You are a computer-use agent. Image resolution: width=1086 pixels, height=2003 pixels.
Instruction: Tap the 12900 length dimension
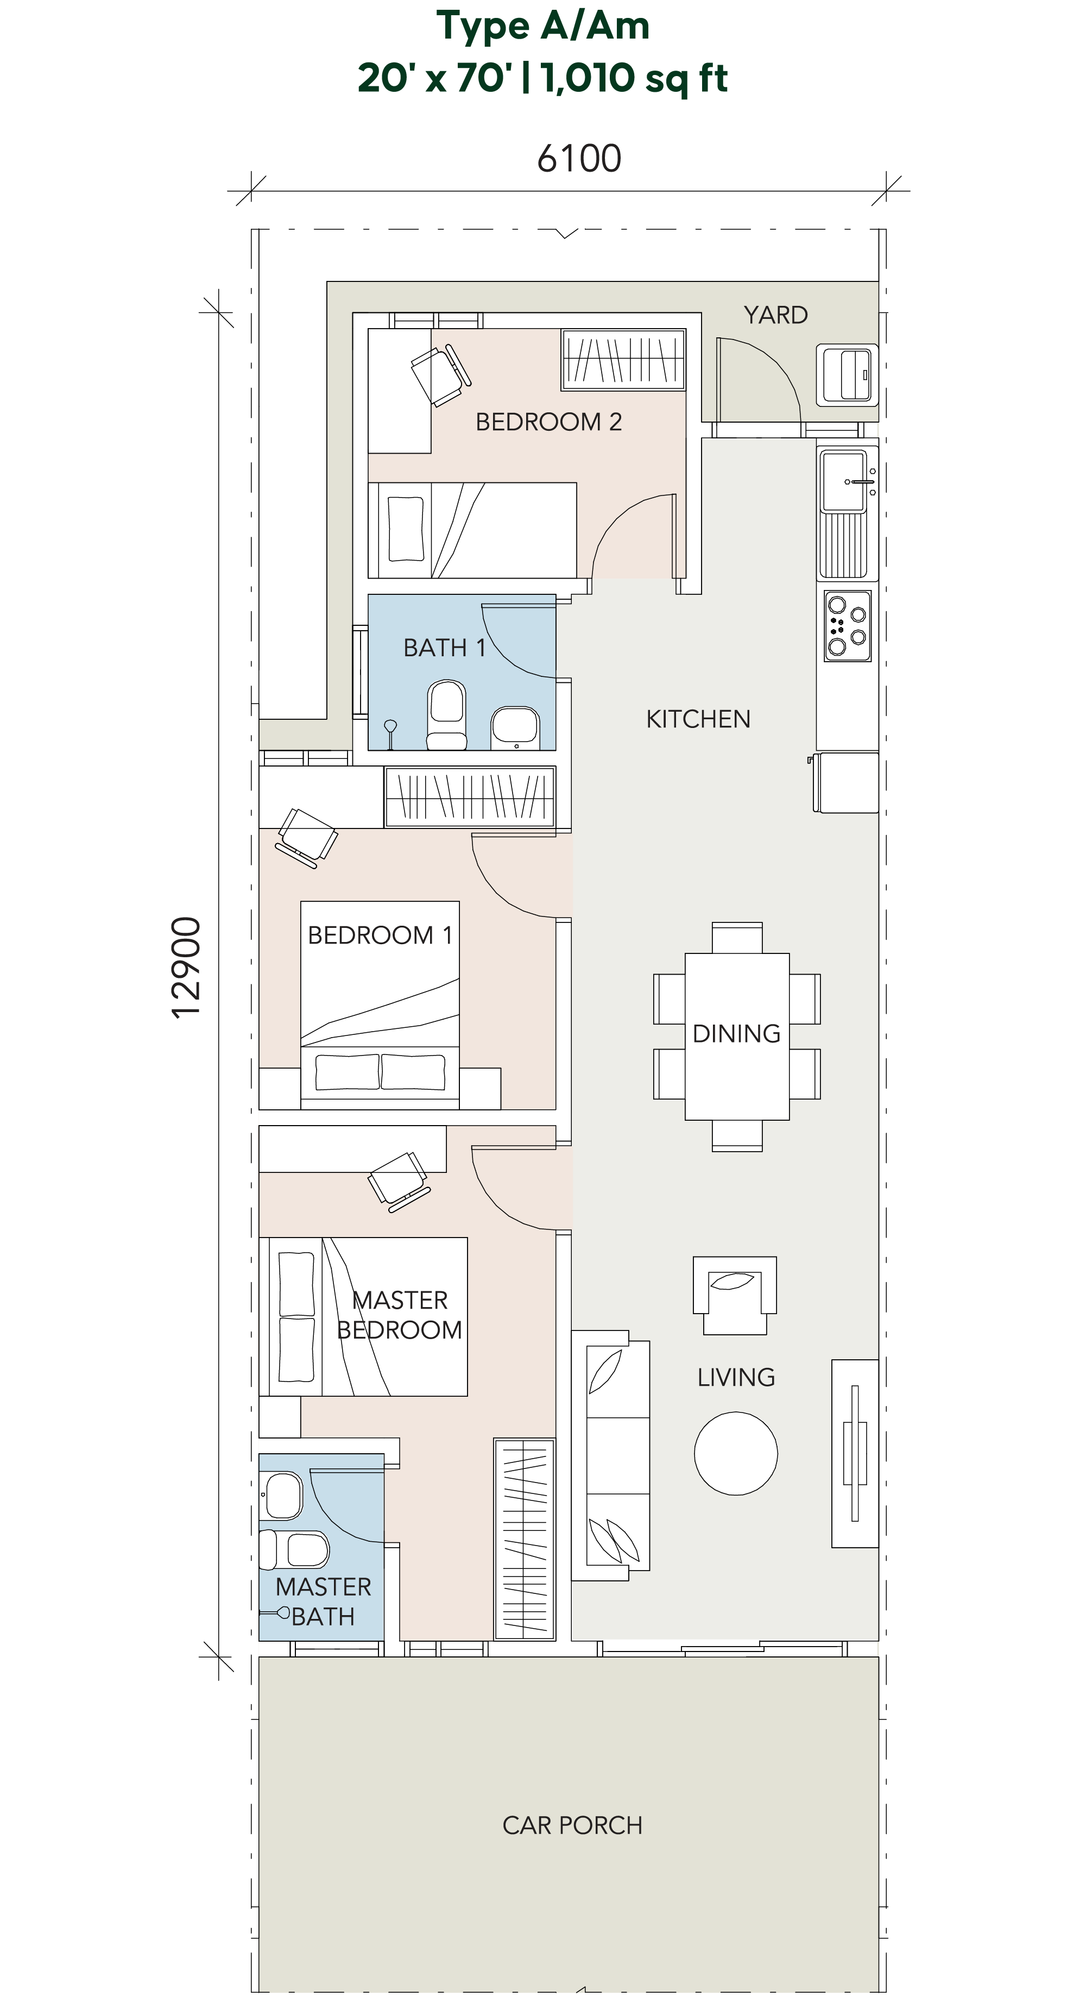coord(187,968)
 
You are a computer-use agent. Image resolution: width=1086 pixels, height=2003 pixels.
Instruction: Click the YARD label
coord(775,315)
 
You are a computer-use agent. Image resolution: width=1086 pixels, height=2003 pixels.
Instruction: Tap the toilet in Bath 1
coord(447,714)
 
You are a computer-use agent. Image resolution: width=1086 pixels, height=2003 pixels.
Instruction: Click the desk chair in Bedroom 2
coord(439,375)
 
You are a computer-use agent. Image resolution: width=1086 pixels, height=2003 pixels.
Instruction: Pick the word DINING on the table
coord(736,1034)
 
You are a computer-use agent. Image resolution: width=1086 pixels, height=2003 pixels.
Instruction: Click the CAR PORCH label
coord(572,1825)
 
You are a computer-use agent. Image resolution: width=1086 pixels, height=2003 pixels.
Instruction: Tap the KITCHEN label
coord(698,719)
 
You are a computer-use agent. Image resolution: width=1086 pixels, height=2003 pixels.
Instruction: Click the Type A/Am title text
coord(542,27)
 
